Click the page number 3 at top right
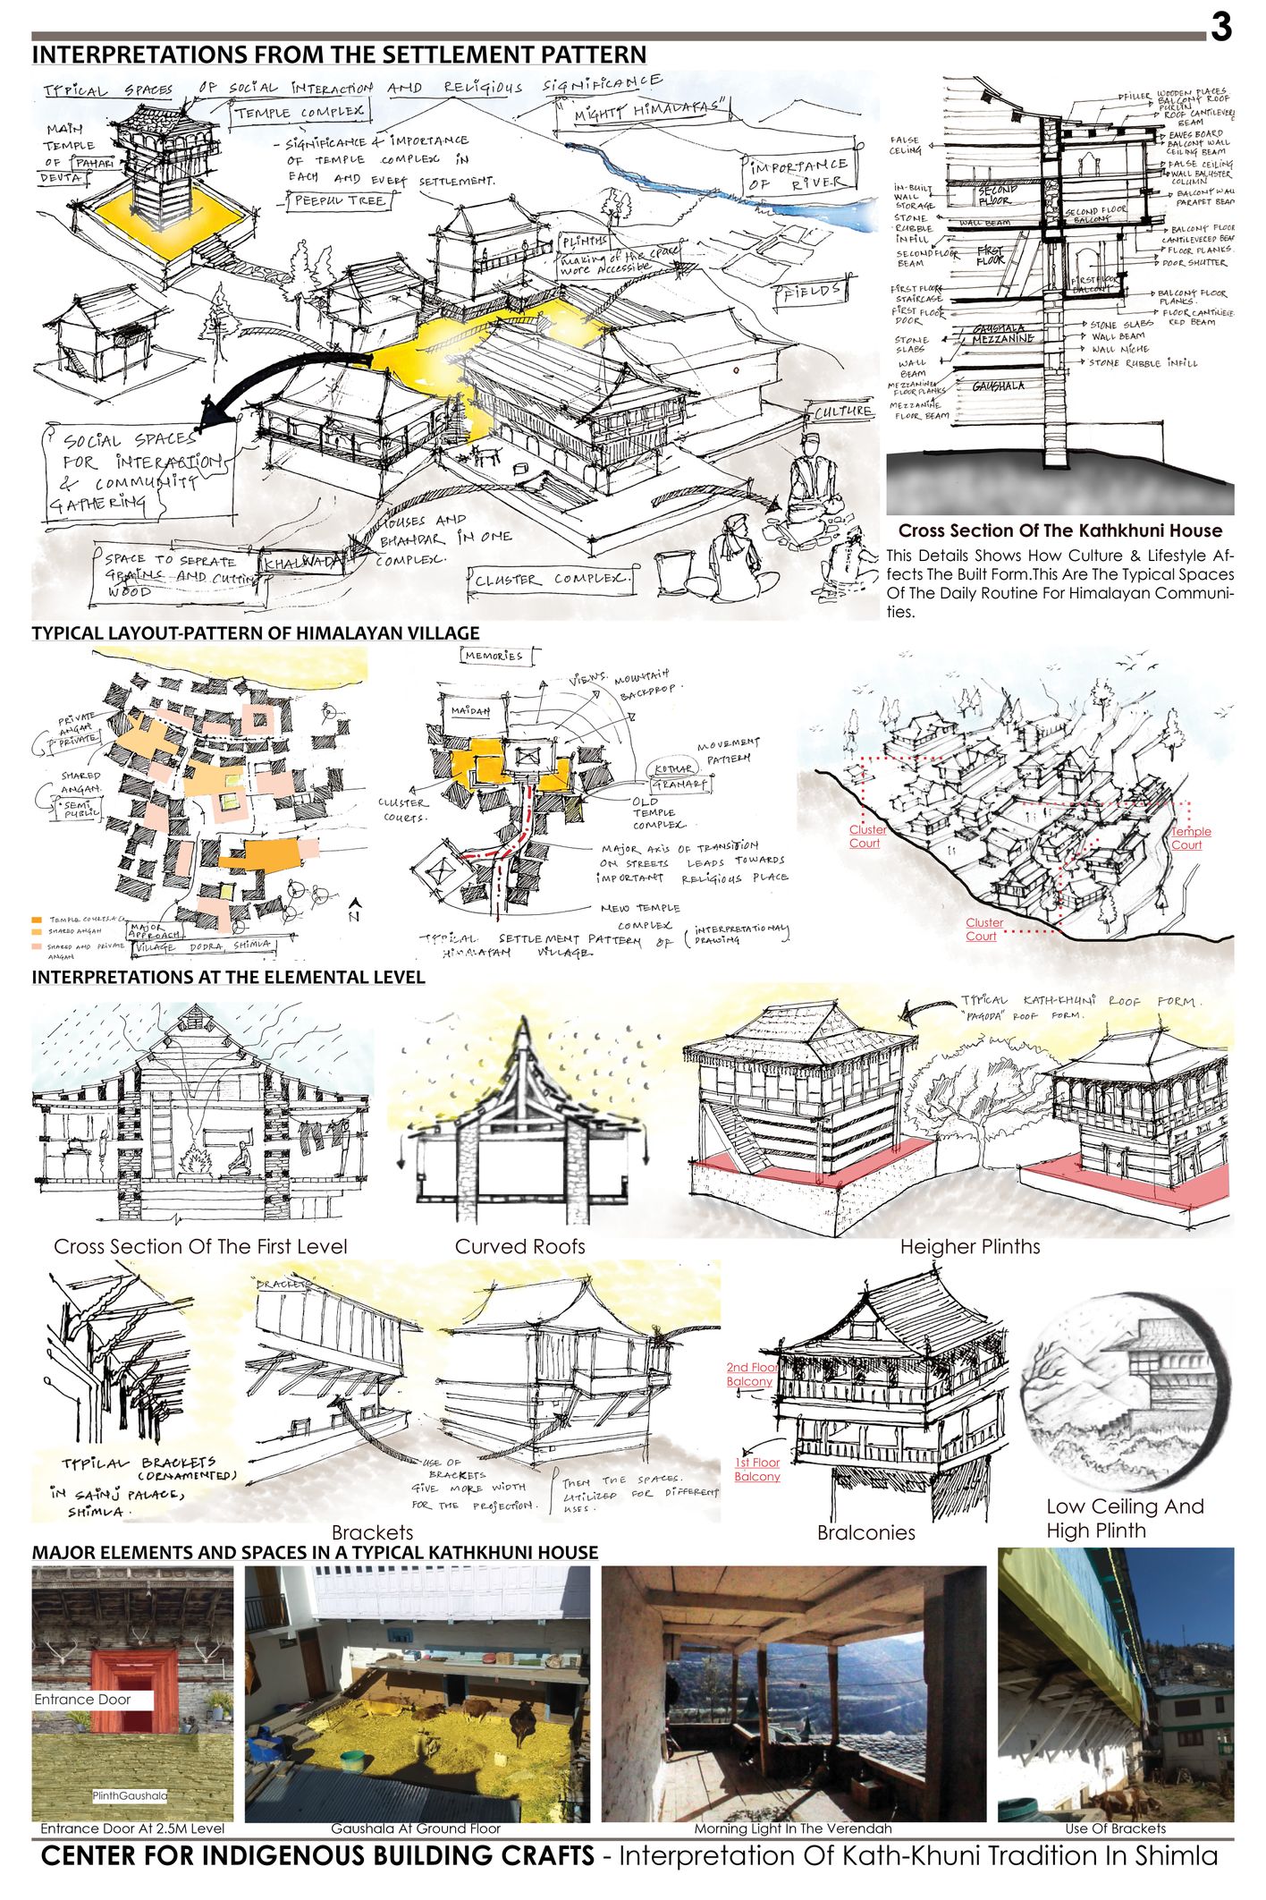click(x=1220, y=28)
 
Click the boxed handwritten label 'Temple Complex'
click(x=300, y=112)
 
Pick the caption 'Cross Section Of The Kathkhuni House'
click(x=1059, y=530)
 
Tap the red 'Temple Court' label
click(x=1190, y=837)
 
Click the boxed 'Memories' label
click(x=494, y=656)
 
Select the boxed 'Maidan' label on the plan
click(x=470, y=711)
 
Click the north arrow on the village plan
click(x=354, y=910)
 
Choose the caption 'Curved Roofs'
click(x=519, y=1246)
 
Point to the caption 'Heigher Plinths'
click(x=969, y=1246)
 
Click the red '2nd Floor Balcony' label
click(x=751, y=1374)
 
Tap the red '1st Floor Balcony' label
click(x=757, y=1469)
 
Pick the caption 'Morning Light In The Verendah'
click(x=792, y=1828)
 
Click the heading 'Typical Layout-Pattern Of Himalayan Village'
click(x=256, y=633)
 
